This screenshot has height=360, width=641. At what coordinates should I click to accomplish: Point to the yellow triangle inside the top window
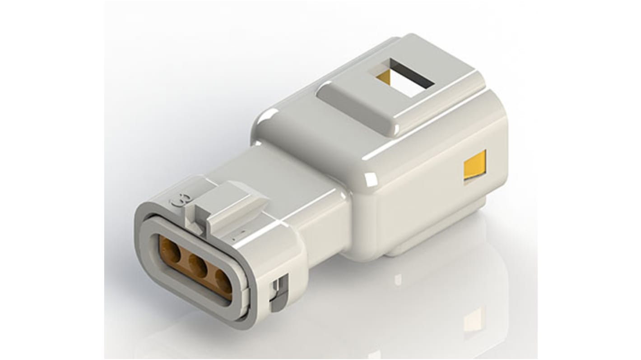(x=384, y=77)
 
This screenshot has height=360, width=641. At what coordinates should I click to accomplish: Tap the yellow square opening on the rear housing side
(x=474, y=166)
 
